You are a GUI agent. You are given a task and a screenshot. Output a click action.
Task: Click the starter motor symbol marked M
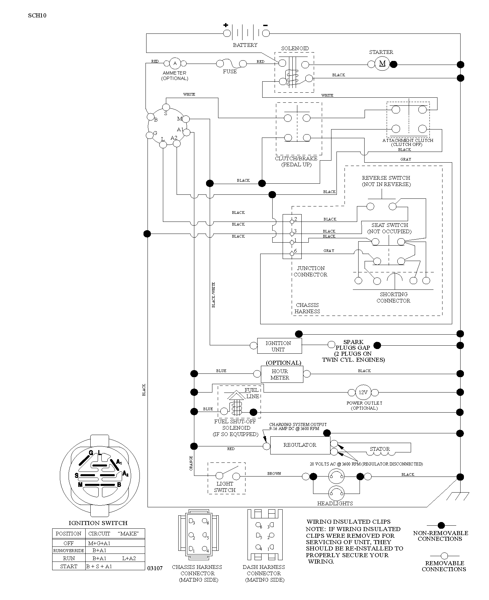click(x=382, y=64)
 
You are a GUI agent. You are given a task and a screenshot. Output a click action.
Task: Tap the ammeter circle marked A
click(x=175, y=63)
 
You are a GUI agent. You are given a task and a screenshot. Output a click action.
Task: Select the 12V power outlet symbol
click(x=363, y=393)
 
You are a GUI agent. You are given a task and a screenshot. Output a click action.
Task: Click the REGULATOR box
click(x=300, y=445)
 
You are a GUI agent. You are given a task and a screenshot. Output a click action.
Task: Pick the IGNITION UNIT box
click(x=279, y=346)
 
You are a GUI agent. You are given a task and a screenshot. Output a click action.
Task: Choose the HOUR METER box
click(x=282, y=374)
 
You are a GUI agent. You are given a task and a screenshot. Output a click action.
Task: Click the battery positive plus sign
click(x=226, y=25)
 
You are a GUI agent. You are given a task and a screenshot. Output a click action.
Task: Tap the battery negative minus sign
click(x=265, y=25)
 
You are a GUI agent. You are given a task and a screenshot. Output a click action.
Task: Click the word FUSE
click(x=230, y=71)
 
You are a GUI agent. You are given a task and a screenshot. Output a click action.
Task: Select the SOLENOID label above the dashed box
click(x=295, y=48)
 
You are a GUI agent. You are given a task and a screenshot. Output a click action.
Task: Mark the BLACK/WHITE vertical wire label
click(x=213, y=295)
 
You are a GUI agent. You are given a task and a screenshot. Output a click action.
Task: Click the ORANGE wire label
click(x=191, y=463)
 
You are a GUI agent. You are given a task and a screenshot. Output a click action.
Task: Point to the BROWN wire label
click(x=274, y=474)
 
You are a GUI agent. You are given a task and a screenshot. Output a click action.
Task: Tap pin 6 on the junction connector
click(x=292, y=254)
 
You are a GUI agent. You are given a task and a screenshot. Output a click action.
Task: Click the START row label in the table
click(x=69, y=566)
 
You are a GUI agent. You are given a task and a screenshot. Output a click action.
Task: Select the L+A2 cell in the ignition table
click(x=129, y=558)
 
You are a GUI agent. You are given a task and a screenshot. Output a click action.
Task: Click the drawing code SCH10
click(x=37, y=15)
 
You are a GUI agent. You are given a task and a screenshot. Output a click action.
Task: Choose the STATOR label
click(x=380, y=449)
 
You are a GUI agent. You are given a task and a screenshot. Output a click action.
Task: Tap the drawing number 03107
click(x=155, y=568)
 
